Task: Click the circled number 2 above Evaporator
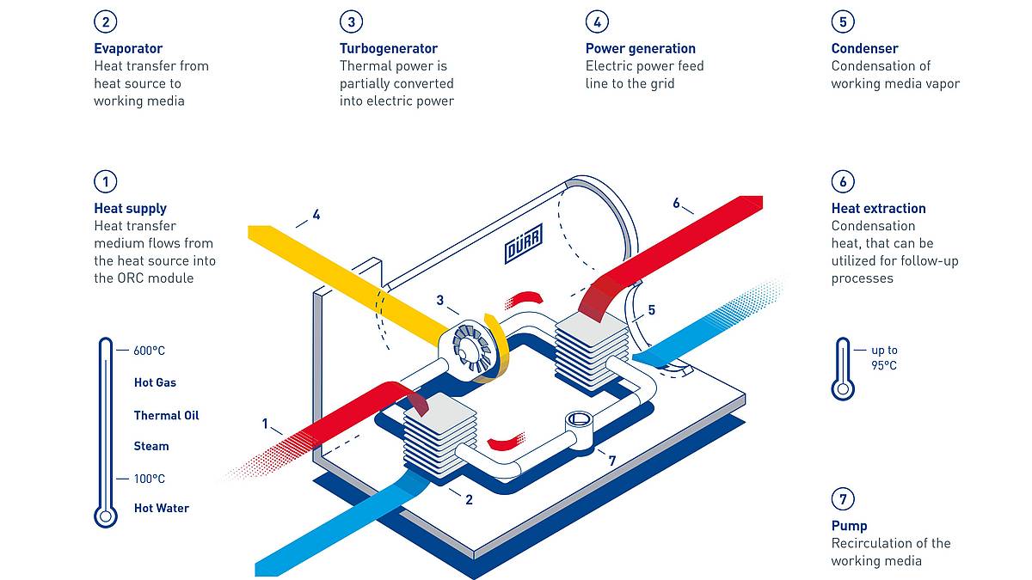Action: (x=106, y=21)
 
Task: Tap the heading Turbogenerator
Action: (x=389, y=48)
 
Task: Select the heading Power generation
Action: (x=641, y=48)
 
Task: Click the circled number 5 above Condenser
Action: (x=843, y=21)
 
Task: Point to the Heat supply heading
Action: (x=130, y=209)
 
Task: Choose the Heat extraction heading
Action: (x=879, y=209)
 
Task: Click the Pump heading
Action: (x=849, y=526)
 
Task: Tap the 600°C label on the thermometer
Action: (x=149, y=351)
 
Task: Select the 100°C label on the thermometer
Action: (x=149, y=479)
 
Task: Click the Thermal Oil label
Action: (x=166, y=416)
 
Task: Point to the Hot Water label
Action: (x=162, y=508)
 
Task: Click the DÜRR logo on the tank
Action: (x=524, y=243)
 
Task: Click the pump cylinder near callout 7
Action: (x=579, y=429)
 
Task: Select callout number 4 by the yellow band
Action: (x=316, y=215)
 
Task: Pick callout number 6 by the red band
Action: (x=676, y=203)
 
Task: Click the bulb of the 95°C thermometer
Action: (x=843, y=389)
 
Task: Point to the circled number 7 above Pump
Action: (x=843, y=499)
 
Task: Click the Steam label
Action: (x=151, y=447)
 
